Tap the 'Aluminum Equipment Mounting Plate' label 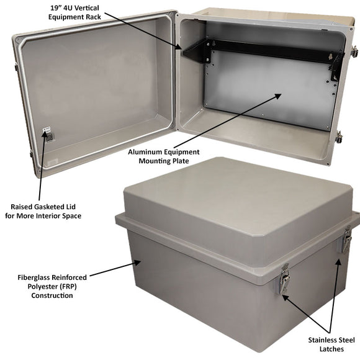[x=164, y=156]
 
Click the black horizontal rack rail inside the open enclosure [x=273, y=50]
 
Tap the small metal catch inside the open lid [x=46, y=135]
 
